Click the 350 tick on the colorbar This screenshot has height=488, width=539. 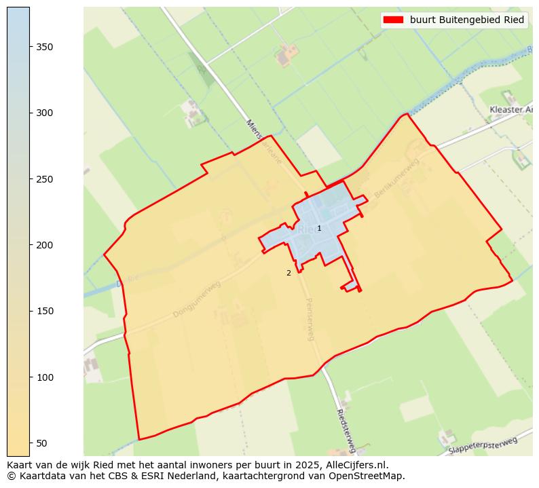pos(30,46)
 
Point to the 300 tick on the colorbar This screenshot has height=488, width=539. pos(30,113)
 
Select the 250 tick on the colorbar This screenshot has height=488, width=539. pos(30,179)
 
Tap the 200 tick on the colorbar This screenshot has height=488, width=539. pos(30,245)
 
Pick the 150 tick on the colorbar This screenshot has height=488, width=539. pos(30,311)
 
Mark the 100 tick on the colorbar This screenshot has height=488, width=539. pos(30,377)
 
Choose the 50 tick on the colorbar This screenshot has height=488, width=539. pos(30,443)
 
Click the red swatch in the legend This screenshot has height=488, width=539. pos(393,20)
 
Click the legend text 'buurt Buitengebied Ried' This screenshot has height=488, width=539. pos(467,20)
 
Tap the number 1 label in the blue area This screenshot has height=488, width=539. pos(319,228)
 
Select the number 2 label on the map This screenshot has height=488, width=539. pos(289,273)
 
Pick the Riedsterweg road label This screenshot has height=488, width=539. pos(346,430)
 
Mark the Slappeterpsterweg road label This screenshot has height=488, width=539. pos(483,446)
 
